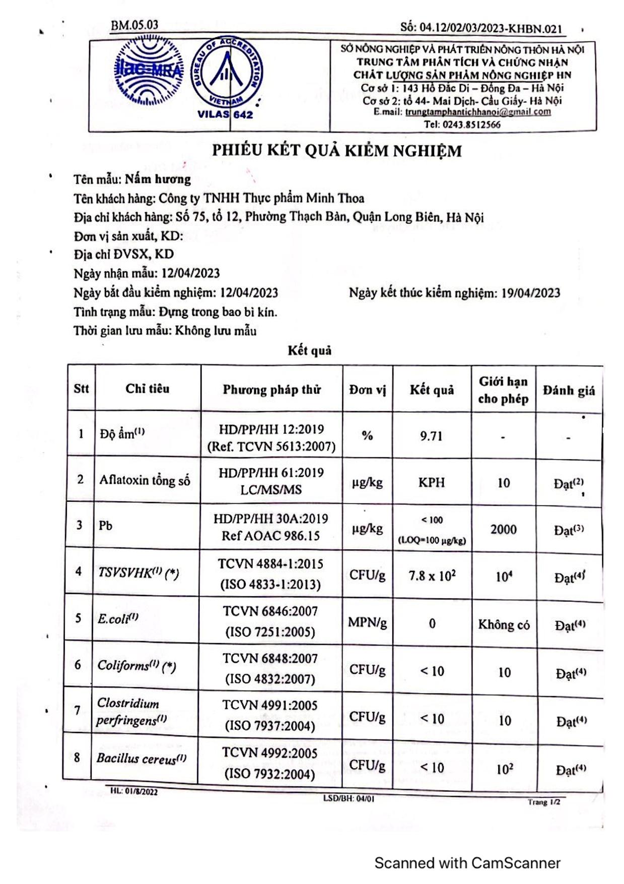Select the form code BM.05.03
coord(134,25)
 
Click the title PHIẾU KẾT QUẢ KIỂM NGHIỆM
coord(336,151)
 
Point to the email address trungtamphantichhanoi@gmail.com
coord(478,112)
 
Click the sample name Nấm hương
coord(158,179)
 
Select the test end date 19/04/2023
coord(530,293)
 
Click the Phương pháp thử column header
coord(271,390)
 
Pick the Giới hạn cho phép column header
coord(503,390)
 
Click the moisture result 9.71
coord(431,436)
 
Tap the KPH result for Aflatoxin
coord(432,482)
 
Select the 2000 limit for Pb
coord(503,529)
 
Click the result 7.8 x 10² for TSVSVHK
coord(432,576)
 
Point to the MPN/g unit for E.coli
coord(367,623)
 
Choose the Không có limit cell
coord(504,625)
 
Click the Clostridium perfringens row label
coord(130,712)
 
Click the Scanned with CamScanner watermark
coord(467,863)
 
